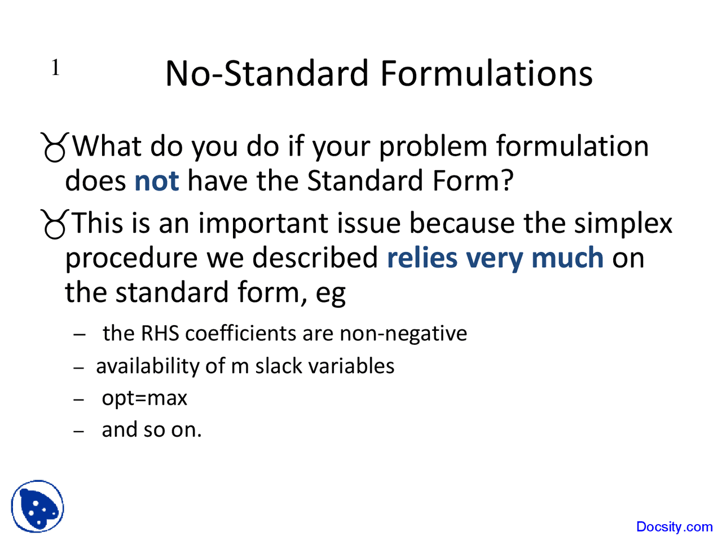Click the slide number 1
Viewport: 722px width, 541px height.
(55, 68)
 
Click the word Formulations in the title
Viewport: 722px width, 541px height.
(486, 74)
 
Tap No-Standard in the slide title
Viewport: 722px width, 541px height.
(267, 74)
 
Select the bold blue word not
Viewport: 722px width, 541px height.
(156, 181)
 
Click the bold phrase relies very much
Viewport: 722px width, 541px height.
(495, 258)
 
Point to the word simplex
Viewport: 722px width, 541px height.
(623, 223)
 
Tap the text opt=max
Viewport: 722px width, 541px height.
(144, 398)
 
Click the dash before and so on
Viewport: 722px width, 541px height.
(79, 431)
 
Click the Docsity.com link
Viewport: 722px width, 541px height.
(674, 527)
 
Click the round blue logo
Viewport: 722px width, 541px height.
(37, 506)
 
